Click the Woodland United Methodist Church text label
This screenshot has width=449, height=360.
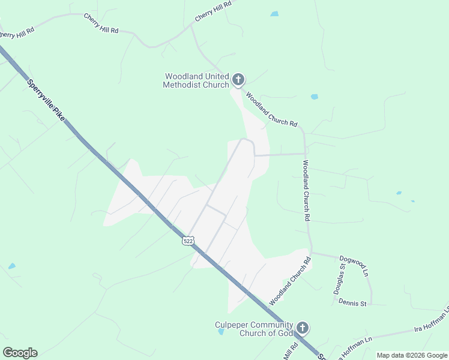[x=196, y=80]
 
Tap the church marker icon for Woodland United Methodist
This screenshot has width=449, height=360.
[x=238, y=79]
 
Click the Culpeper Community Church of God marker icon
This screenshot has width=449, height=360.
[x=303, y=328]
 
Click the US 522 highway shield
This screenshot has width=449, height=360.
[x=188, y=241]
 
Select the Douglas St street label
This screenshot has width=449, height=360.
[x=339, y=281]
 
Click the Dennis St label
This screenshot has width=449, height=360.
[x=352, y=303]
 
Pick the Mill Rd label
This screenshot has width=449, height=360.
[x=292, y=349]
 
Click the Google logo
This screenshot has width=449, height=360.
[x=20, y=353]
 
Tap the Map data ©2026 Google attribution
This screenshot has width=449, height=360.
[x=412, y=355]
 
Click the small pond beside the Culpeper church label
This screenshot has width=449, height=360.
[x=221, y=331]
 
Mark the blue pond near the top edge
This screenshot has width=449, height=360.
[x=274, y=14]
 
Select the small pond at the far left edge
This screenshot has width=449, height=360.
[x=12, y=266]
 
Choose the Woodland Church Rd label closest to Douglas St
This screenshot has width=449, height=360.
[x=289, y=281]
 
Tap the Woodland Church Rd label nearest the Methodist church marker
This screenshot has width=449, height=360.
[x=271, y=109]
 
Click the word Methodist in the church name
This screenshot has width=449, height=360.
[x=180, y=85]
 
